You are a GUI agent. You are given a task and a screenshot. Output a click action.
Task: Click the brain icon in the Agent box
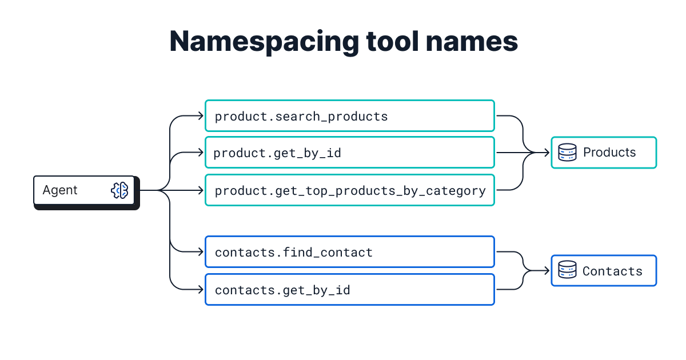pyautogui.click(x=119, y=190)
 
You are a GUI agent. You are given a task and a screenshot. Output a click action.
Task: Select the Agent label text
pyautogui.click(x=60, y=190)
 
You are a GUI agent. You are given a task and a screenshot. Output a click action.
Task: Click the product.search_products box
pyautogui.click(x=349, y=116)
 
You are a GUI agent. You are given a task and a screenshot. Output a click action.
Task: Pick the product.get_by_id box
pyautogui.click(x=349, y=153)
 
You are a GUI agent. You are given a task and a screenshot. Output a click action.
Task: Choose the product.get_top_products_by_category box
pyautogui.click(x=349, y=190)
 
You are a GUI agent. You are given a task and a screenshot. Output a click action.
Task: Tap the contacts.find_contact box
pyautogui.click(x=349, y=252)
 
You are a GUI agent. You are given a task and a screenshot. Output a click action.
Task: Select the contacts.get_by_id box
pyautogui.click(x=349, y=290)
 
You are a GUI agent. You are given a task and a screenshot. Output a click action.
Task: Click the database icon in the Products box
pyautogui.click(x=567, y=153)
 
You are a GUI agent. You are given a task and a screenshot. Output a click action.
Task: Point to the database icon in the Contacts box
pyautogui.click(x=567, y=271)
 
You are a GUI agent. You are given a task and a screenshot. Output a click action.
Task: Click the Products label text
pyautogui.click(x=609, y=153)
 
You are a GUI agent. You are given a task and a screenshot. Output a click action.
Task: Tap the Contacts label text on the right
pyautogui.click(x=612, y=271)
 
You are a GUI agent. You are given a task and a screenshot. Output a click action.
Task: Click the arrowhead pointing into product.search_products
pyautogui.click(x=201, y=116)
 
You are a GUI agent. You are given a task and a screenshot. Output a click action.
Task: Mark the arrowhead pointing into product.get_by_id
pyautogui.click(x=201, y=153)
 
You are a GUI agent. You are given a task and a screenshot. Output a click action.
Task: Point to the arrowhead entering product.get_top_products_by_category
pyautogui.click(x=201, y=190)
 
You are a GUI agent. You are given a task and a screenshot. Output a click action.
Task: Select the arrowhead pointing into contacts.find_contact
pyautogui.click(x=201, y=252)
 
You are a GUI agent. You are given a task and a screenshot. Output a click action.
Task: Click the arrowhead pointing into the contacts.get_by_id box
pyautogui.click(x=201, y=290)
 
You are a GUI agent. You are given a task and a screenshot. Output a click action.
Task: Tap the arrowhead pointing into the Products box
pyautogui.click(x=547, y=153)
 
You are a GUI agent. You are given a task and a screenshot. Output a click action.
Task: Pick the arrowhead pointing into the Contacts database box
pyautogui.click(x=547, y=271)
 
